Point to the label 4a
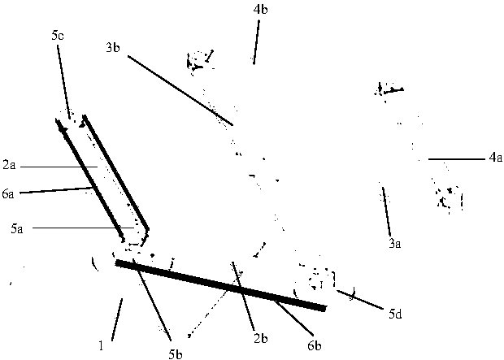[495, 159]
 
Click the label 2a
[9, 165]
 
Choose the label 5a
[17, 230]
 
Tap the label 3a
[396, 242]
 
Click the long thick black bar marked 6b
[219, 285]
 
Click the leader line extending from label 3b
[179, 90]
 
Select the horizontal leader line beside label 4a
[455, 158]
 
